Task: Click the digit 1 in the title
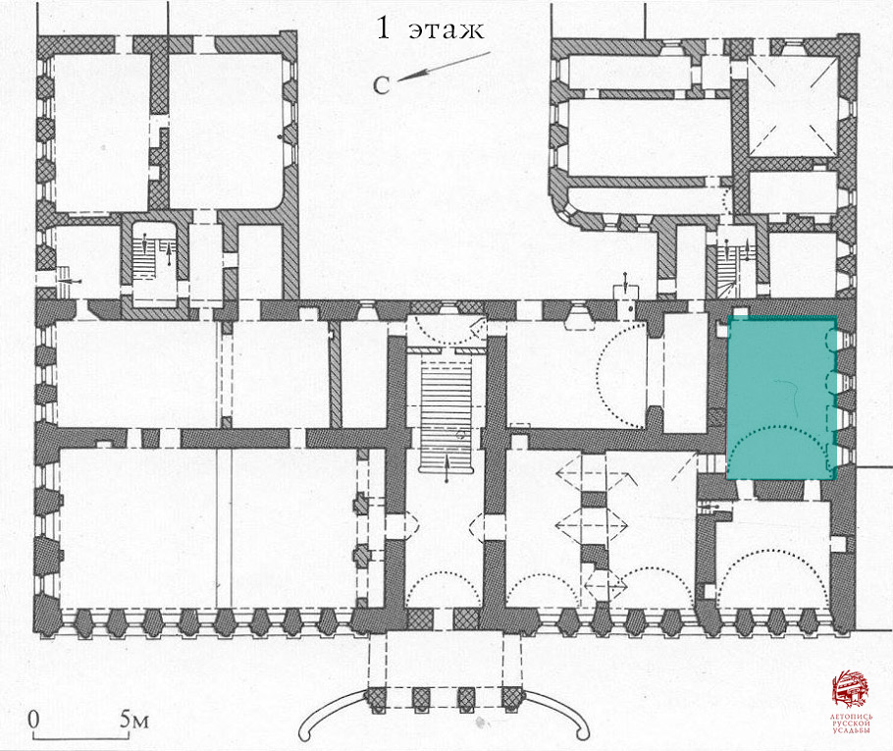[386, 29]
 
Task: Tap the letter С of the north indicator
[383, 86]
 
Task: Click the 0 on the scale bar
[33, 719]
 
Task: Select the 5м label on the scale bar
[135, 719]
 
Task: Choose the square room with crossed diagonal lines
[792, 104]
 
